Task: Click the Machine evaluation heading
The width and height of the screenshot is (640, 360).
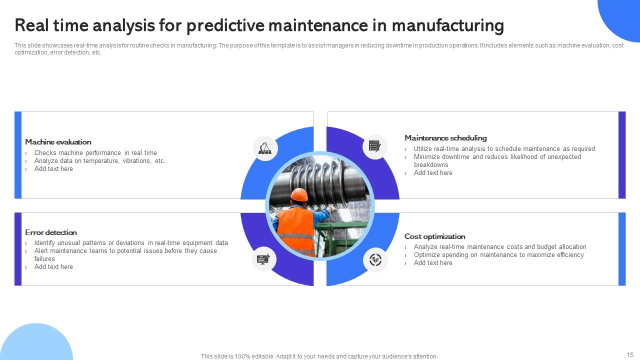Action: pos(58,142)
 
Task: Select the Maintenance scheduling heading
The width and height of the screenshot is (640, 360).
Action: pos(445,138)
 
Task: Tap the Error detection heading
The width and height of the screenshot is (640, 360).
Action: pos(51,232)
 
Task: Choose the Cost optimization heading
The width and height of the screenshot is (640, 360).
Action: pos(435,236)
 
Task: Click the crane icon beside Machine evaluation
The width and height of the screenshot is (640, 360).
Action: pos(265,148)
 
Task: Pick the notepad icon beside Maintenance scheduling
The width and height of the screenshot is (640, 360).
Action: pos(374,146)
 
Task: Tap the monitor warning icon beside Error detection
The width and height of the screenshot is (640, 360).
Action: pos(263,259)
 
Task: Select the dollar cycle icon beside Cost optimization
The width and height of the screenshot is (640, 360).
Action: pos(375,260)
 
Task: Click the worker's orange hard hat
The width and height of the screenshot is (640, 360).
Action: pos(299,195)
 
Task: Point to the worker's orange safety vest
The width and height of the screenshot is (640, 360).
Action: pos(296,231)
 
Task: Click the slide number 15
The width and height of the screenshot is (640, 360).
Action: pos(630,354)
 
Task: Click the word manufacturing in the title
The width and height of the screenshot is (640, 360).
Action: pos(447,25)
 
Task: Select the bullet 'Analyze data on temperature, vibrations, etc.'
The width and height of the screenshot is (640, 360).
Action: pos(100,161)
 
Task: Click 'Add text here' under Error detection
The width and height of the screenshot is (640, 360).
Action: pos(53,267)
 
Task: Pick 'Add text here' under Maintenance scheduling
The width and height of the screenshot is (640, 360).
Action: pos(433,173)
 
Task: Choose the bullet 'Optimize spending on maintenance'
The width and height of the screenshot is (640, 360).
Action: pos(498,255)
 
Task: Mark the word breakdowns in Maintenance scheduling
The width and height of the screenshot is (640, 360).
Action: pos(431,165)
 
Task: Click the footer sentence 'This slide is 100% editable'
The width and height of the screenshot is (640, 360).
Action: pos(319,356)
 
